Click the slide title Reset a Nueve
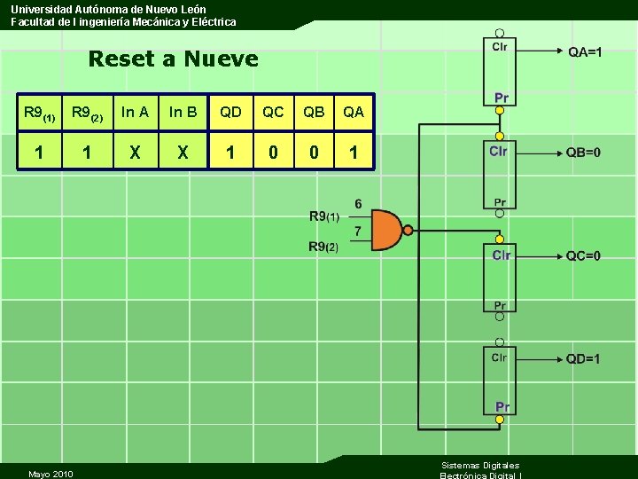pyautogui.click(x=174, y=59)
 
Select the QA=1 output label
pyautogui.click(x=585, y=52)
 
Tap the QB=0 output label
pyautogui.click(x=583, y=152)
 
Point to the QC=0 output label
pyautogui.click(x=583, y=256)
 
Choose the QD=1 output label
pyautogui.click(x=583, y=358)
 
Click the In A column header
pyautogui.click(x=135, y=113)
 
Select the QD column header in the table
pyautogui.click(x=230, y=113)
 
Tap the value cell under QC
pyautogui.click(x=273, y=153)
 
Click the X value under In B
pyautogui.click(x=183, y=153)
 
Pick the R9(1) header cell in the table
pyautogui.click(x=39, y=114)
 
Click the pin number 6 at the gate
pyautogui.click(x=358, y=204)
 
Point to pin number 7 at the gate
pyautogui.click(x=358, y=232)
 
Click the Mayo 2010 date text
pyautogui.click(x=51, y=474)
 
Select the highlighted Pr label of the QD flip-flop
pyautogui.click(x=502, y=406)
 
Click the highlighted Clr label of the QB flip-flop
pyautogui.click(x=499, y=152)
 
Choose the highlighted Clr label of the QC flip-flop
pyautogui.click(x=502, y=255)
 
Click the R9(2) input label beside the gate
pyautogui.click(x=323, y=247)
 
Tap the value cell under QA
pyautogui.click(x=354, y=153)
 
